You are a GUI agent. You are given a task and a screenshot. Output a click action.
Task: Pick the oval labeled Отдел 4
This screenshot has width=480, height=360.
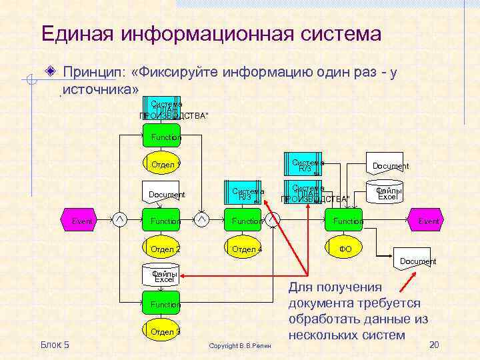(x=245, y=249)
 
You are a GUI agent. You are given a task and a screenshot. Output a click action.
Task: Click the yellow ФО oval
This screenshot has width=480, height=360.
(x=345, y=249)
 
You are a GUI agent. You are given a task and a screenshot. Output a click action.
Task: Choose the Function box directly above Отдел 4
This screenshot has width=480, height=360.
(x=245, y=221)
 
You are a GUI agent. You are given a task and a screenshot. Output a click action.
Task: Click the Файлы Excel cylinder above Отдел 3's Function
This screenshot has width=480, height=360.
(x=163, y=276)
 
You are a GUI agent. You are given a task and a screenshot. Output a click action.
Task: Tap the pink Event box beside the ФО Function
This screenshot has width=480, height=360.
(x=426, y=221)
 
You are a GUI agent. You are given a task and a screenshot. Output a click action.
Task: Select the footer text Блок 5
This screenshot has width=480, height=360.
(x=55, y=344)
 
